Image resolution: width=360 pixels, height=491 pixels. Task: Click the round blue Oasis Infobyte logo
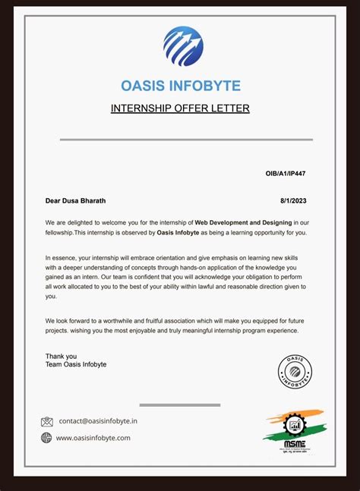pyautogui.click(x=183, y=46)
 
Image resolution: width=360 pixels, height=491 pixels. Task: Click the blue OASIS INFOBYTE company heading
pyautogui.click(x=180, y=86)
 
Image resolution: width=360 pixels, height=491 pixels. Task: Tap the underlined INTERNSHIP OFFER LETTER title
pyautogui.click(x=180, y=109)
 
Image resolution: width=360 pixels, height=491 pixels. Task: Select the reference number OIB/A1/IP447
pyautogui.click(x=286, y=174)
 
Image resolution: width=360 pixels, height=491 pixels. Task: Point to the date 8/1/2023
pyautogui.click(x=293, y=201)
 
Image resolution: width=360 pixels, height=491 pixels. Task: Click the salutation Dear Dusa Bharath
pyautogui.click(x=76, y=201)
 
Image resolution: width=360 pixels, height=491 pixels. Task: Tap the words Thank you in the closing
pyautogui.click(x=61, y=356)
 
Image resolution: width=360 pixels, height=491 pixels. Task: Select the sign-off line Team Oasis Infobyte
pyautogui.click(x=76, y=364)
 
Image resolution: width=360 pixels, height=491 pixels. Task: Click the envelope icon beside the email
pyautogui.click(x=47, y=421)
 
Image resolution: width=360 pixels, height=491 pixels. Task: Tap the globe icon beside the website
pyautogui.click(x=47, y=438)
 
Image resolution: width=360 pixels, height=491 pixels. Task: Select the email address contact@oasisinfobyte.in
pyautogui.click(x=98, y=421)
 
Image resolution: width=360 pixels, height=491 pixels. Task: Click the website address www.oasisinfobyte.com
pyautogui.click(x=93, y=438)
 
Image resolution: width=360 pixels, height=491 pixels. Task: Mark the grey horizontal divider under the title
pyautogui.click(x=186, y=140)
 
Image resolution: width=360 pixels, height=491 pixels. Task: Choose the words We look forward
pyautogui.click(x=69, y=320)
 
